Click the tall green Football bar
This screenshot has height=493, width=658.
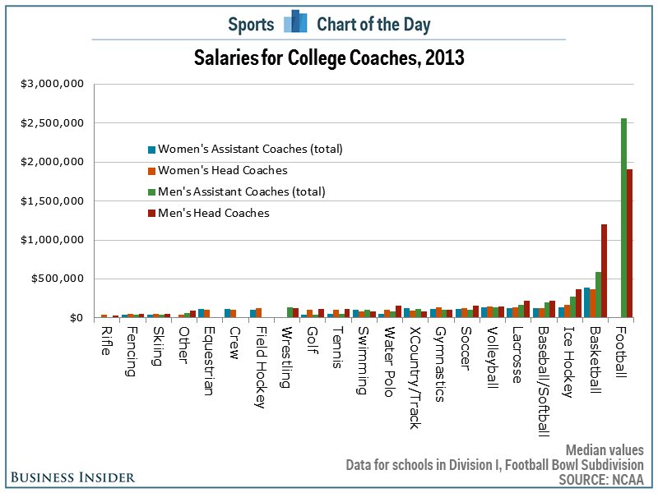623,218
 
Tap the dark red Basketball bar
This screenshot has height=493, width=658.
605,270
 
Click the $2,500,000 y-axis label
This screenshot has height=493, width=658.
53,123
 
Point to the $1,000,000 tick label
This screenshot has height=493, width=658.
53,240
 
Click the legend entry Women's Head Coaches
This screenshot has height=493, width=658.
222,171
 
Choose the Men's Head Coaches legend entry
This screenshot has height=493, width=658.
213,214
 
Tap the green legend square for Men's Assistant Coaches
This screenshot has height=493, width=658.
151,192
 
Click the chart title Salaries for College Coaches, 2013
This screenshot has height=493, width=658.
329,59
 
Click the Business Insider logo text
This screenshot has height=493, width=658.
75,477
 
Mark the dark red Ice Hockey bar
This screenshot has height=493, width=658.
578,303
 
